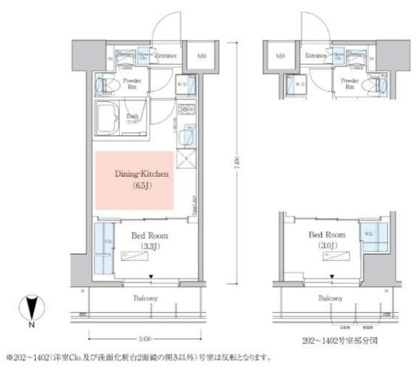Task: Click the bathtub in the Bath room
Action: click(x=109, y=118)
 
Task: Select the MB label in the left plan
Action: click(x=201, y=57)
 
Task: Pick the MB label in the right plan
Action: click(x=281, y=57)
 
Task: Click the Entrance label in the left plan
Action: click(x=166, y=56)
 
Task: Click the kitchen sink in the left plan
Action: click(x=188, y=138)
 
